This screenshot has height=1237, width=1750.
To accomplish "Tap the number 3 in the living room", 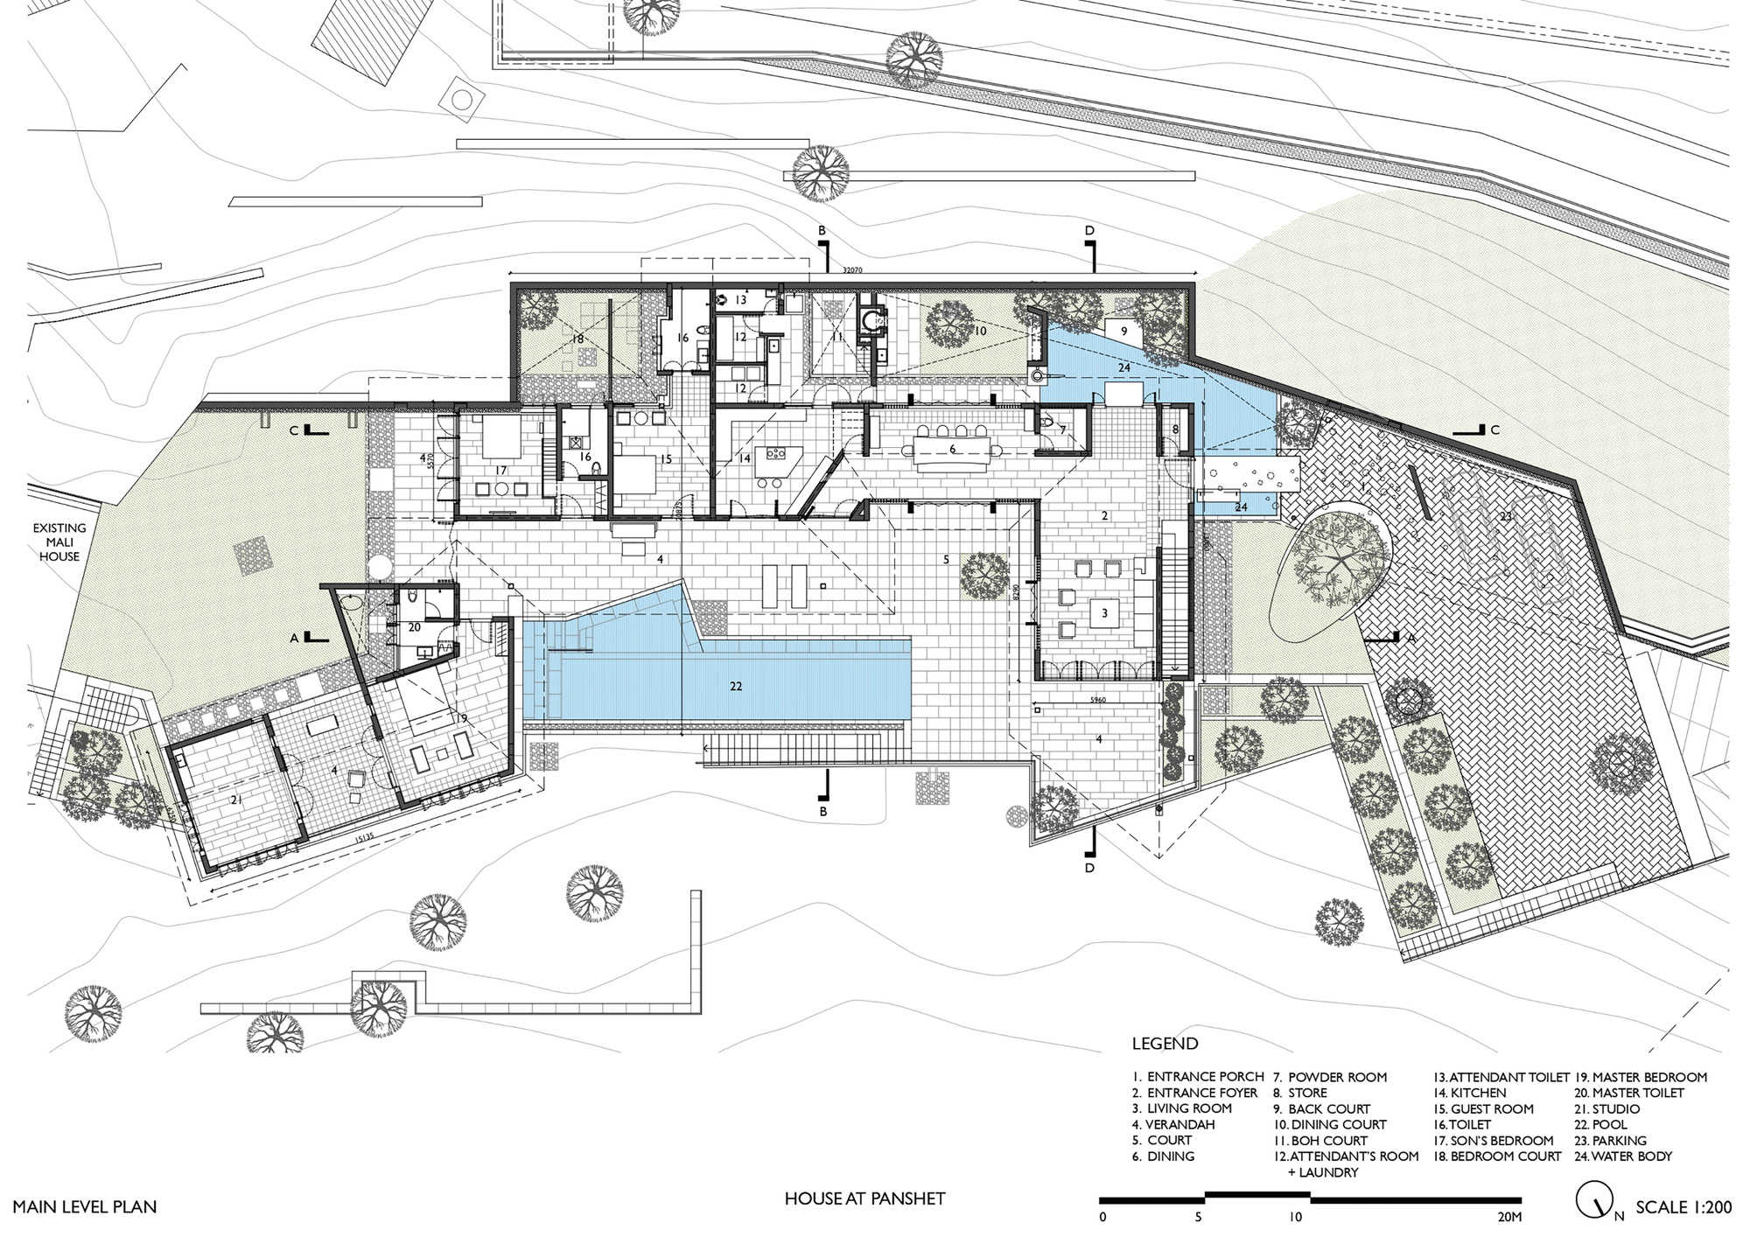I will tap(1105, 613).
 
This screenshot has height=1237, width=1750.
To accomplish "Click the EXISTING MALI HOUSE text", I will tap(59, 542).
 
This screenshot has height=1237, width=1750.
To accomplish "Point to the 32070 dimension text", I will tap(852, 271).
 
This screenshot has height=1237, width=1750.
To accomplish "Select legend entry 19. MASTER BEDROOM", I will tap(1641, 1077).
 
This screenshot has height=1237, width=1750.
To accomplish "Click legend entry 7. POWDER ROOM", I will tap(1329, 1077).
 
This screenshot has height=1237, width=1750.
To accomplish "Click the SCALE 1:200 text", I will tap(1683, 1207).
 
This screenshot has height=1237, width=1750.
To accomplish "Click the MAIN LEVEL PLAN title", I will tap(85, 1207).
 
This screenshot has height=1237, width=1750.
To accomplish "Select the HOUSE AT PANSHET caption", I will tap(864, 1199).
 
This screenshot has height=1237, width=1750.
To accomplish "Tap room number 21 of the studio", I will tap(236, 800).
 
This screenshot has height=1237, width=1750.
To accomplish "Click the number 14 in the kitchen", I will tap(745, 458).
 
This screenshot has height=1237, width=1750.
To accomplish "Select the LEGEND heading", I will tap(1165, 1044).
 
